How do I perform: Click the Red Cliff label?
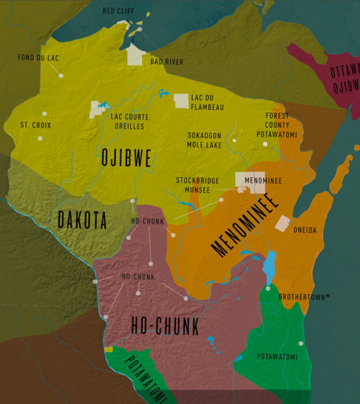[118, 11]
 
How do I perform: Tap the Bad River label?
[167, 62]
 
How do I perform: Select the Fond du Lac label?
[38, 58]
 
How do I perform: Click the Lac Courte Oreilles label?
[129, 122]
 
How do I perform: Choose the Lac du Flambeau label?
[207, 102]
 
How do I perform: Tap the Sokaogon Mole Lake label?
[204, 140]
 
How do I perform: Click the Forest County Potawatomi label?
[277, 125]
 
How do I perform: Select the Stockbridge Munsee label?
[197, 185]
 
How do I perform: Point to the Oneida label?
[305, 230]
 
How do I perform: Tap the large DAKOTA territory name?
[82, 220]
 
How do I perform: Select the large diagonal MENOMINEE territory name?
[245, 225]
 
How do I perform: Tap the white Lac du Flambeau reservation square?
[181, 101]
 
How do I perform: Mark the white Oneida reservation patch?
[283, 224]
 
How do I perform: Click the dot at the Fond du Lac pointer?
[61, 75]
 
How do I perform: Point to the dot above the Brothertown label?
[268, 288]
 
